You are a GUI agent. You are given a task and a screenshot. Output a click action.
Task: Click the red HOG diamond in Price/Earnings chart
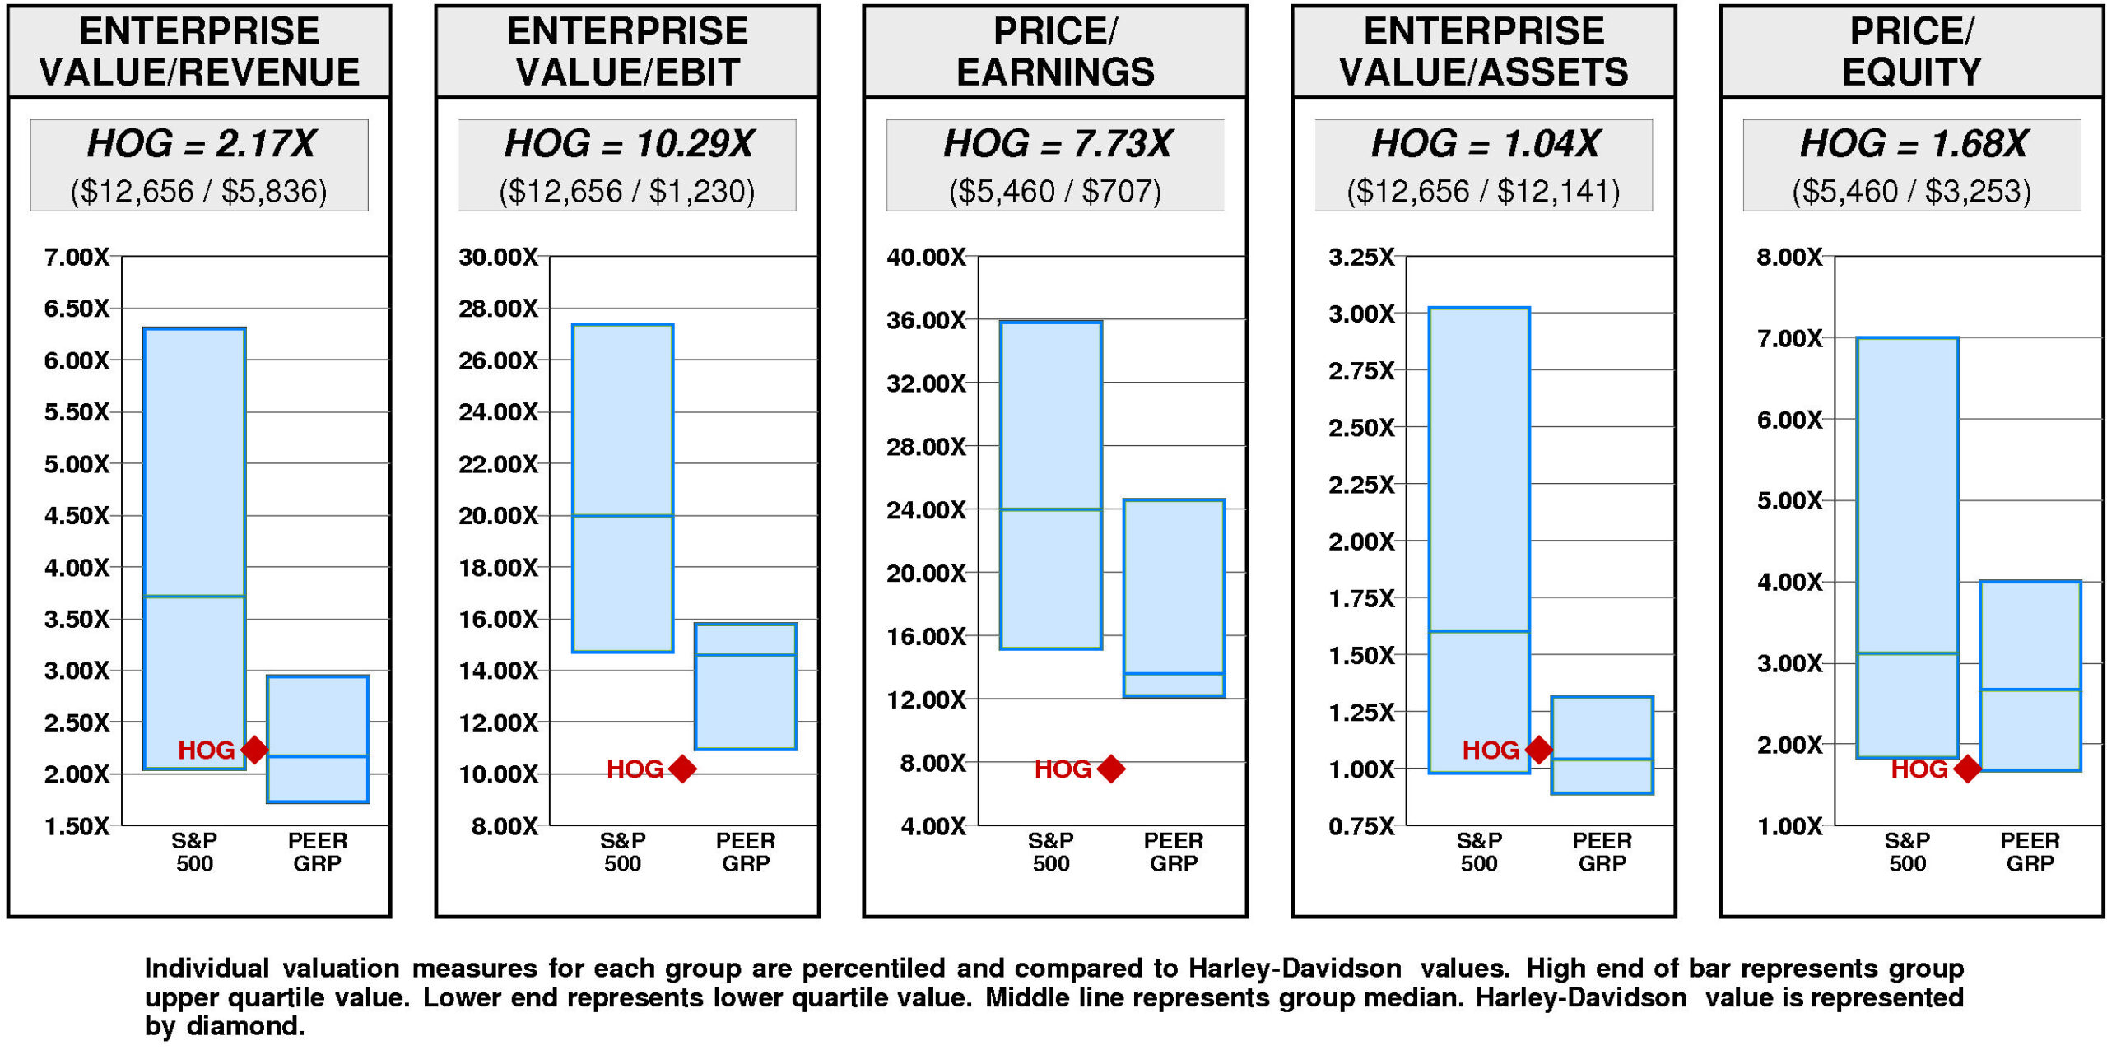pos(1110,769)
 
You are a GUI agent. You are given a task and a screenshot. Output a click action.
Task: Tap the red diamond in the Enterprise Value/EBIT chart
pos(682,769)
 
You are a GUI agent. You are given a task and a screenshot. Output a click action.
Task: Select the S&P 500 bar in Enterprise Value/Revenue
pos(194,547)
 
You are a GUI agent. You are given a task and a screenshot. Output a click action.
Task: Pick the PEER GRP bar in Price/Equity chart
pos(2030,676)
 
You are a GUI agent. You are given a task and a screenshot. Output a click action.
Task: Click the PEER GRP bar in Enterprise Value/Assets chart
pos(1602,745)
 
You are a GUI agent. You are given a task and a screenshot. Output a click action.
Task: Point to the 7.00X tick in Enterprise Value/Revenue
pos(77,258)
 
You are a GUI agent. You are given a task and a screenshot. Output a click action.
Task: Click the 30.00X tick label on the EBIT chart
pos(498,258)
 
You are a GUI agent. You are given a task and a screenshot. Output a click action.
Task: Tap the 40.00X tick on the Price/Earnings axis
pos(926,258)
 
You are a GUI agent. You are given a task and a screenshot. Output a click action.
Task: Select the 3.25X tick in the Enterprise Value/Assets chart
pos(1361,258)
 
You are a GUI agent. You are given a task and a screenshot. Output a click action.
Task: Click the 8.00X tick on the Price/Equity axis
pos(1789,258)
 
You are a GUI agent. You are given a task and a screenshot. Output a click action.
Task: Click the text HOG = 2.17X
pos(201,144)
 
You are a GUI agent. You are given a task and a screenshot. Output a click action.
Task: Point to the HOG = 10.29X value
pos(628,144)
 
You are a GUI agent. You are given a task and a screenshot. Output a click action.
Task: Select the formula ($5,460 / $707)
pos(1055,192)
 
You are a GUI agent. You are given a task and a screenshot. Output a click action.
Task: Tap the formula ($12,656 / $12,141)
pos(1483,192)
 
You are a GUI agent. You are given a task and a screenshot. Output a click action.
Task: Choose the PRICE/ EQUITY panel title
pos(1911,51)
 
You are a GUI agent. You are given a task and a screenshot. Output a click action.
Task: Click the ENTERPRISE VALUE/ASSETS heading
pos(1483,51)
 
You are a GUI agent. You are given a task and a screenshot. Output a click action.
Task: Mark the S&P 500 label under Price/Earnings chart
pos(1051,852)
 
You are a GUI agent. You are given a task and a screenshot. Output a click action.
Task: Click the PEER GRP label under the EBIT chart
pos(746,852)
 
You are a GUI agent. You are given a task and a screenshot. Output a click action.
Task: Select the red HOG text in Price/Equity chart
pos(1919,769)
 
